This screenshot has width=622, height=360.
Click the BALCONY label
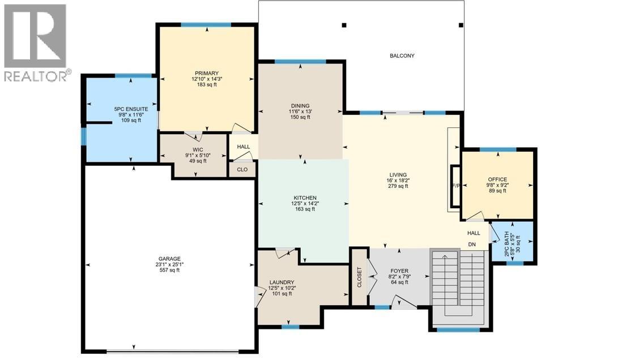(402, 55)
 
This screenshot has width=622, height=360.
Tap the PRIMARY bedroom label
(203, 73)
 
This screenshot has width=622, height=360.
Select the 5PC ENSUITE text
(131, 108)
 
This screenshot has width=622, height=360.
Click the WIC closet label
(198, 150)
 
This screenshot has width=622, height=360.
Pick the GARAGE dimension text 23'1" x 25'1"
(169, 264)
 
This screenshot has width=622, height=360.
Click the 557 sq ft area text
(169, 270)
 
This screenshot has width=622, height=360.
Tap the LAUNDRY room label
(282, 282)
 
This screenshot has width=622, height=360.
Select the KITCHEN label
(304, 198)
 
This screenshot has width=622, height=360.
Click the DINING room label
(300, 105)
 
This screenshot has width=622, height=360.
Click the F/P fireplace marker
(454, 186)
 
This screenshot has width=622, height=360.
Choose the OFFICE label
(497, 179)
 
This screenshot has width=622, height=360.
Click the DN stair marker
(472, 245)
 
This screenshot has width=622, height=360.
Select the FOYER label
(399, 271)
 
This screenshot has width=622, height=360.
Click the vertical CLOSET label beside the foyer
(359, 277)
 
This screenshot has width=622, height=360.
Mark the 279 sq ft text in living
(398, 186)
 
